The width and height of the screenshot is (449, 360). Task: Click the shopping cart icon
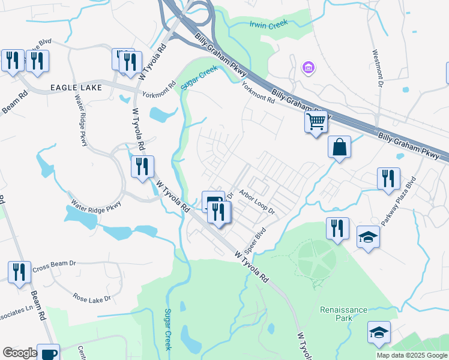click(316, 122)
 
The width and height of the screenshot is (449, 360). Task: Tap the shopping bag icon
click(339, 147)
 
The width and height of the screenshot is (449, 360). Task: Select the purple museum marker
click(309, 68)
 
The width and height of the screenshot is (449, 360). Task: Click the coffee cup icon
click(48, 353)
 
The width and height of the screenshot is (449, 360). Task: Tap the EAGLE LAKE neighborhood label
click(77, 88)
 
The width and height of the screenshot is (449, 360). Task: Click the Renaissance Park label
click(343, 314)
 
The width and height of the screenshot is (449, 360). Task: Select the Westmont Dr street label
click(378, 68)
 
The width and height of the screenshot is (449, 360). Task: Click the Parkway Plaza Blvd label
click(407, 196)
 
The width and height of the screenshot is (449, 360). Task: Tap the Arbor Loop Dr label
click(257, 203)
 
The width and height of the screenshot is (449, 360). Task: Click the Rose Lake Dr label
click(92, 298)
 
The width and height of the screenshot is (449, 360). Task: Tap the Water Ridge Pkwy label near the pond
click(96, 205)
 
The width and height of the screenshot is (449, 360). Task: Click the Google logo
click(20, 353)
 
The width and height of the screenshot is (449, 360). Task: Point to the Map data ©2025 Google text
click(411, 355)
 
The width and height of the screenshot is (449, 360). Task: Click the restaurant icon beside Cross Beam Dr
click(19, 271)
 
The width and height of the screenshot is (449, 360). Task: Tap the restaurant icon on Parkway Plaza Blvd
click(388, 178)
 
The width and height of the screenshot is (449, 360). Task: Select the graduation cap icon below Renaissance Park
click(379, 333)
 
